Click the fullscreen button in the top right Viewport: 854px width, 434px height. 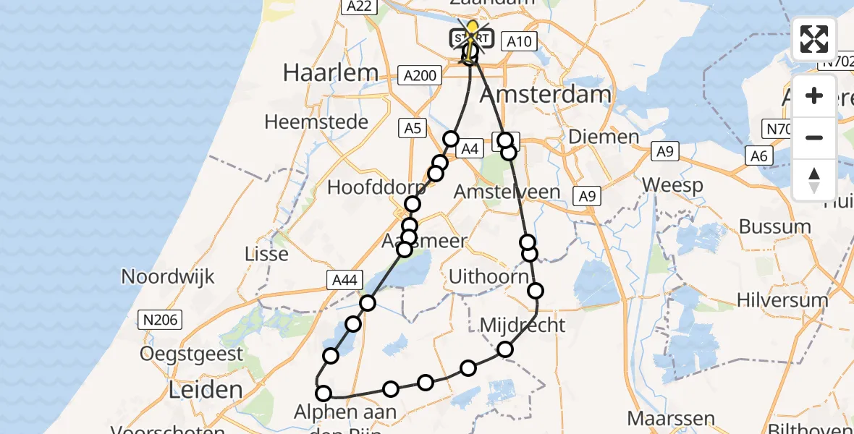(x=814, y=39)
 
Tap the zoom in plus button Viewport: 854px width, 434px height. (x=814, y=95)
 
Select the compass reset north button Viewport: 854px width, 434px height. (x=814, y=180)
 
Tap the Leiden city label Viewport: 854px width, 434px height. (x=206, y=391)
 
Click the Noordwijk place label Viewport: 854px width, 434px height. (x=168, y=276)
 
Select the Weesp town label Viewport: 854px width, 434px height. (x=672, y=185)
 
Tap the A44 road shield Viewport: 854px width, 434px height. (x=344, y=279)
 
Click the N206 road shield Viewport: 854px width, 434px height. (x=160, y=320)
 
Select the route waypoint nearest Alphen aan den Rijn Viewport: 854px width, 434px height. (x=324, y=393)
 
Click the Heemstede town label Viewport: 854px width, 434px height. (x=316, y=122)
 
